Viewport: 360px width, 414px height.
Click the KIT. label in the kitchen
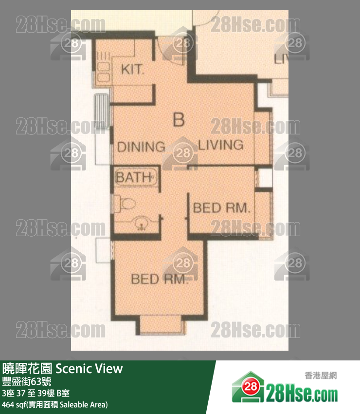133,70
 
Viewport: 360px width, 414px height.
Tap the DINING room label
141,147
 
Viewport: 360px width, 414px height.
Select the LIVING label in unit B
221,145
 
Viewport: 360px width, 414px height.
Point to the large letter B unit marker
179,120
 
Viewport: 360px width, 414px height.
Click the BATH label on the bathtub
133,177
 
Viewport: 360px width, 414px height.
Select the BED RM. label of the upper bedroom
221,208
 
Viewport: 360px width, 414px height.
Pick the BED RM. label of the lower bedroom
160,279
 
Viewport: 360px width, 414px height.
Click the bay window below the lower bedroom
161,324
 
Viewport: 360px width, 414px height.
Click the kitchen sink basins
104,72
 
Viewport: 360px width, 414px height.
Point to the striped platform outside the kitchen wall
101,111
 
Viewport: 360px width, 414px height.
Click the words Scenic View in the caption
89,369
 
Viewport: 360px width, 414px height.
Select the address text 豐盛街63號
27,381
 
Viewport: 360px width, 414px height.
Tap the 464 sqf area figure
14,405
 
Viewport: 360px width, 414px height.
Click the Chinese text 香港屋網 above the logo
321,376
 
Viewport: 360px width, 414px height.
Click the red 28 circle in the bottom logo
250,387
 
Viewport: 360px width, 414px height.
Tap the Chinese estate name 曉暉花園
27,369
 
